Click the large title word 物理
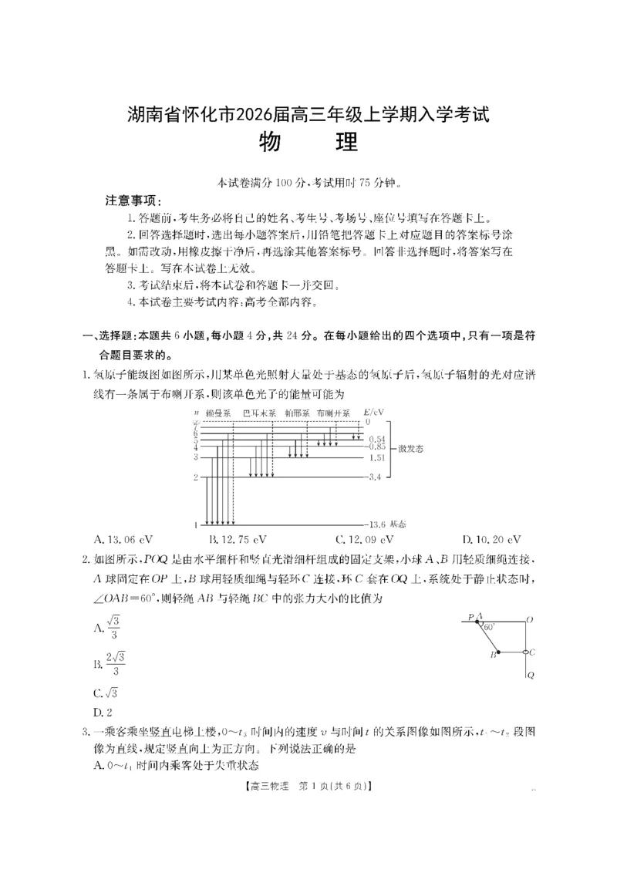(x=308, y=144)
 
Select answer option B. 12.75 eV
(x=238, y=539)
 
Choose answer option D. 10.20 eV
(x=491, y=539)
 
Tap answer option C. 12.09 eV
(x=364, y=539)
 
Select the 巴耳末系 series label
(x=259, y=413)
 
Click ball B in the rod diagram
(x=498, y=652)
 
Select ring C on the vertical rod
(x=526, y=652)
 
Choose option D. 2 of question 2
(x=98, y=710)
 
